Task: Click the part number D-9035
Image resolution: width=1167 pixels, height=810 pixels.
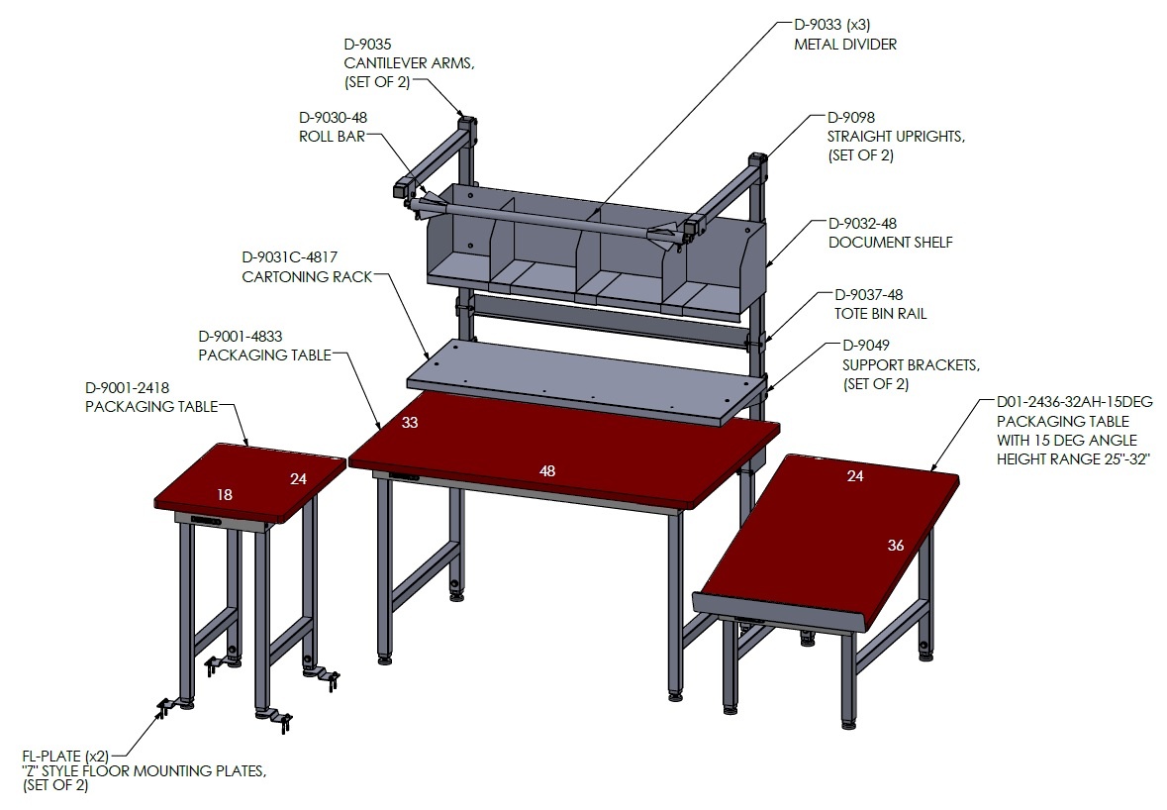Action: pos(367,44)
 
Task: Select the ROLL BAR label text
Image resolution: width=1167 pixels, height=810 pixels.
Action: pos(332,137)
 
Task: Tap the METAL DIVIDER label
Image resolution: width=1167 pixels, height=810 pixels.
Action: pos(844,45)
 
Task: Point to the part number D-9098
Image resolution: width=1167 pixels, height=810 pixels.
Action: pos(850,117)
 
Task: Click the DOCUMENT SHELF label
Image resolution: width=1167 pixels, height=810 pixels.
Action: pos(890,243)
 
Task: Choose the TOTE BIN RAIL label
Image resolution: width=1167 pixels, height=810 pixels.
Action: pos(881,314)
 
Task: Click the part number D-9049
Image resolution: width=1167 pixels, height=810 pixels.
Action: pos(865,345)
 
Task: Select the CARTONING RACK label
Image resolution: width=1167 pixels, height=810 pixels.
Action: pos(307,277)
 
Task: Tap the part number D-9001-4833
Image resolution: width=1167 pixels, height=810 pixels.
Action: pos(241,337)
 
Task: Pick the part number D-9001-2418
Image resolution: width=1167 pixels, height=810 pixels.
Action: pos(128,388)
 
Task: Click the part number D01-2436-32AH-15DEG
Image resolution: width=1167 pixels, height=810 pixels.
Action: pos(1075,402)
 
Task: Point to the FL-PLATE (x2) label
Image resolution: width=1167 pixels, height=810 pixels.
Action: pos(65,756)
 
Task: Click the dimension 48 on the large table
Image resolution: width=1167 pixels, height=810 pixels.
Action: pos(547,470)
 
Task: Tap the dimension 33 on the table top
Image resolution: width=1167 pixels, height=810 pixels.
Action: pos(410,423)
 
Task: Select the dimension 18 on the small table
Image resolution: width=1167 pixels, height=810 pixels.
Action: pos(224,494)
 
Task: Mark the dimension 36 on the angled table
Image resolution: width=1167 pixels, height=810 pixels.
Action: pos(896,546)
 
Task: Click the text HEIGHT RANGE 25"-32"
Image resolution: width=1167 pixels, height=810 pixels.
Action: pos(1073,459)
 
